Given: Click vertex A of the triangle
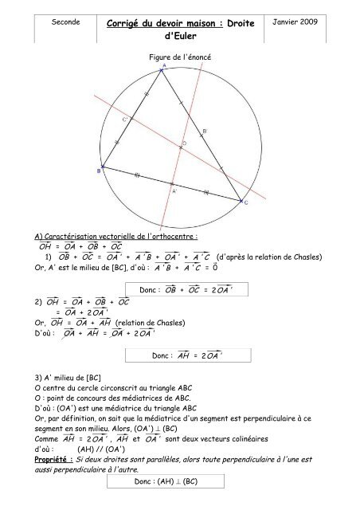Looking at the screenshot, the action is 162,69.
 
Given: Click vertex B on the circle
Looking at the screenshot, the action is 100,169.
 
